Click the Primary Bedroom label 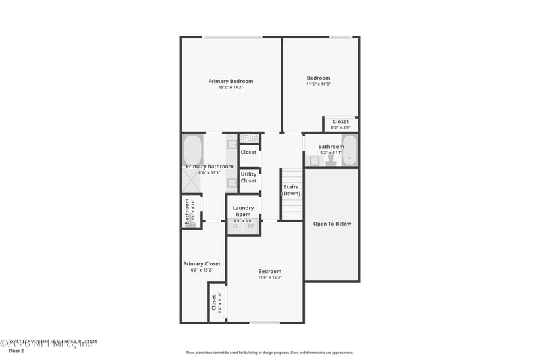click(231, 81)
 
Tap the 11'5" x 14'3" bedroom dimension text click(319, 84)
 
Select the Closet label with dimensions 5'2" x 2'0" click(341, 122)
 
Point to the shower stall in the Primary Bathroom click(191, 181)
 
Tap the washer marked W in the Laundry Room click(251, 226)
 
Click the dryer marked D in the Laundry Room click(236, 226)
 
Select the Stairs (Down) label click(292, 190)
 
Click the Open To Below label click(332, 224)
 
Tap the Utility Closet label click(249, 178)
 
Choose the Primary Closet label click(202, 264)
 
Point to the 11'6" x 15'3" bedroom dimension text click(270, 278)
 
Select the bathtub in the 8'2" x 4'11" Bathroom click(350, 150)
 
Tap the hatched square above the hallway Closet click(249, 138)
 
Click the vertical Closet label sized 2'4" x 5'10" click(215, 302)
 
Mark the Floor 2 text click(16, 351)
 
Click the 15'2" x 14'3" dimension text click(231, 88)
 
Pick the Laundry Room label click(243, 211)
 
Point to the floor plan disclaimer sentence click(270, 353)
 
